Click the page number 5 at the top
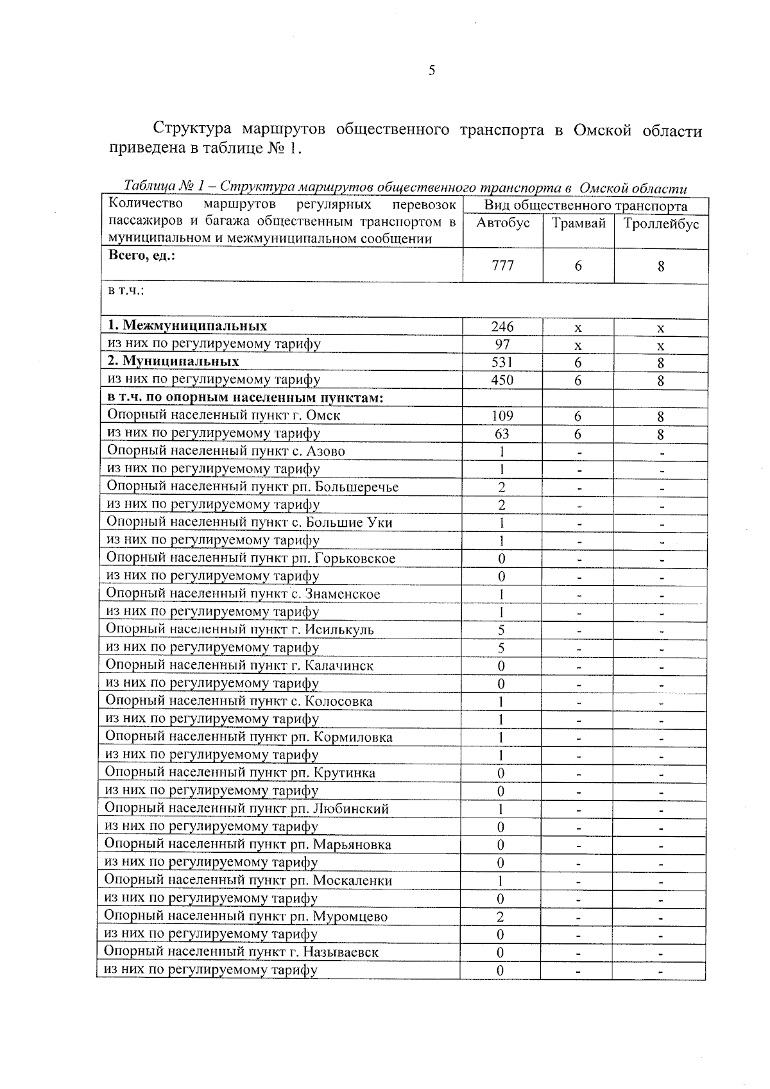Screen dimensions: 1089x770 click(432, 71)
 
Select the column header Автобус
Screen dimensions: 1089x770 click(503, 224)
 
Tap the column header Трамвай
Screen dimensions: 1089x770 click(579, 224)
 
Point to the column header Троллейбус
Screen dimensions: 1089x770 click(661, 225)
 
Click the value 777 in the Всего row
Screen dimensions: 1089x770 click(503, 266)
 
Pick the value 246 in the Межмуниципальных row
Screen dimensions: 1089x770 click(502, 327)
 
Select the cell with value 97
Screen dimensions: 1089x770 click(502, 345)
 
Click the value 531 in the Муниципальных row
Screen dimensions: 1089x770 click(502, 363)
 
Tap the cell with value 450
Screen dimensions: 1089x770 click(502, 381)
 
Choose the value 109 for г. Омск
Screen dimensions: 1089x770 click(502, 416)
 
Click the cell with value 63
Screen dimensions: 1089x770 click(502, 434)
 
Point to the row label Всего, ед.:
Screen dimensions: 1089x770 click(142, 255)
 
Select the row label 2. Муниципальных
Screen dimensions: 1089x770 click(173, 361)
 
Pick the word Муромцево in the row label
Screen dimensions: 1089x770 click(351, 916)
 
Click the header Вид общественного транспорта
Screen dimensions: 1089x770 click(585, 206)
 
